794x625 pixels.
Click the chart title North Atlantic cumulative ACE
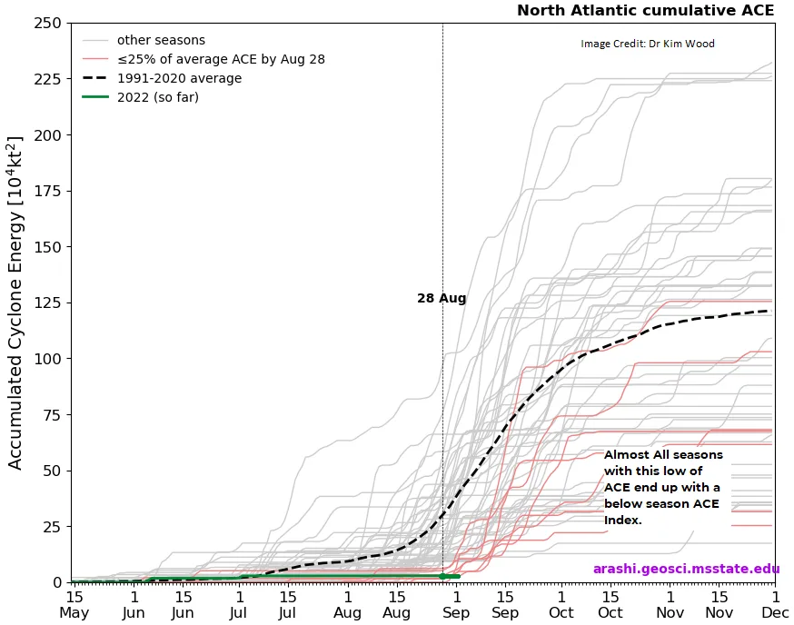645,11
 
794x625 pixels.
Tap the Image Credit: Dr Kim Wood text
648,44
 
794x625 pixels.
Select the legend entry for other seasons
161,40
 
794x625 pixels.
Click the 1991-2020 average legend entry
179,78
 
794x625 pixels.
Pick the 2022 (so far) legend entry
157,97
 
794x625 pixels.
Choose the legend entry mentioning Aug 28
221,59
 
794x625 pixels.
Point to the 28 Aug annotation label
442,298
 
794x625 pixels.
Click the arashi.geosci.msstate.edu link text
686,570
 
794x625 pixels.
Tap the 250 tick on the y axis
46,24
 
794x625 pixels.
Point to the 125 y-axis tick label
46,303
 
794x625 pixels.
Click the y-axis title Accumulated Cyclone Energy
15,303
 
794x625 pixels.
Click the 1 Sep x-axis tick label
456,604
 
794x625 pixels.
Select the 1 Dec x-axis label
775,604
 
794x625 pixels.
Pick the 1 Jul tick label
240,604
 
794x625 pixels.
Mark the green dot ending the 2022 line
442,576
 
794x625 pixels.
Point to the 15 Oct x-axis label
610,604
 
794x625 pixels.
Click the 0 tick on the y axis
55,582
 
